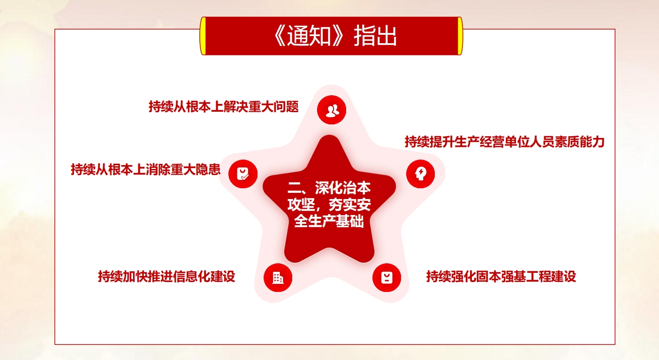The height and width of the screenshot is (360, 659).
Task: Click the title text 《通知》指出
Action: pos(334,36)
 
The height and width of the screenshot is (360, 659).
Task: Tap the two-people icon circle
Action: pos(332,110)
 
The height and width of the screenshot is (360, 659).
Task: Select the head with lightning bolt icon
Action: pos(420,174)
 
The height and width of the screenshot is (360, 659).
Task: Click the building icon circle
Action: pos(278,277)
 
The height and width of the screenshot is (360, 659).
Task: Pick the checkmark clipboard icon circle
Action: pos(243,174)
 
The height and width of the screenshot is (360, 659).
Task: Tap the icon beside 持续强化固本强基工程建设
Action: pos(386,277)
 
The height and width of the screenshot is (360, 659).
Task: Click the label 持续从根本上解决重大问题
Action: pos(224,107)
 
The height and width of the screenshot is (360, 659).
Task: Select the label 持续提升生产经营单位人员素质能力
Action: pos(505,142)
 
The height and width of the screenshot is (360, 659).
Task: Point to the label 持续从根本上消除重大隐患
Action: pos(145,169)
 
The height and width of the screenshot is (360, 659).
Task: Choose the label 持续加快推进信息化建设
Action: pos(167,276)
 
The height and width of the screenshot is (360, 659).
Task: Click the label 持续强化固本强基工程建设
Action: pos(501,276)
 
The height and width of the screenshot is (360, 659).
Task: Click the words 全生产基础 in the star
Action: pos(329,221)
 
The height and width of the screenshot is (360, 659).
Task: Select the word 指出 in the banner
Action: pos(375,36)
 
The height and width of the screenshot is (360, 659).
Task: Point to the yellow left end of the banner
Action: pos(203,36)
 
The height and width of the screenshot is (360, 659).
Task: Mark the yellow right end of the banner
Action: pos(460,36)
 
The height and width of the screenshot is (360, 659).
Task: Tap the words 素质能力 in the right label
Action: pos(580,142)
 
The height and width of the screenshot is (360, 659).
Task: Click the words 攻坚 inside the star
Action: pos(301,204)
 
